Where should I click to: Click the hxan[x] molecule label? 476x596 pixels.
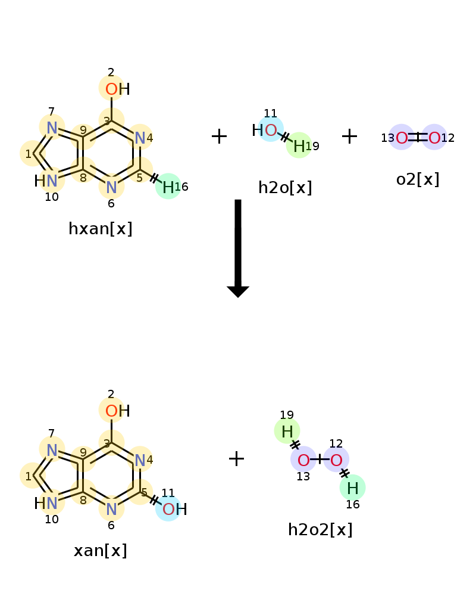tap(100, 228)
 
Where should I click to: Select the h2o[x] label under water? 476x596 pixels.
tap(285, 187)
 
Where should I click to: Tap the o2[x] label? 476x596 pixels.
tap(418, 179)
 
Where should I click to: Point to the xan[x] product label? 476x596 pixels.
tap(100, 550)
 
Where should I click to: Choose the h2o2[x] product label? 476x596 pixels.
tap(320, 529)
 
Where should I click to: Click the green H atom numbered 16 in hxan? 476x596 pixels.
tap(168, 187)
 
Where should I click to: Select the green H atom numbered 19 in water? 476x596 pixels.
tap(299, 145)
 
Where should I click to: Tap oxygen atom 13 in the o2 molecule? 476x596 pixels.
tap(402, 138)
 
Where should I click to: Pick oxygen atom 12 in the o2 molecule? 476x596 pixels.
tap(434, 138)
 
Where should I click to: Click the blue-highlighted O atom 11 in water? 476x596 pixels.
tap(271, 130)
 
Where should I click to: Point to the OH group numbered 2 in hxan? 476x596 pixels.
tap(112, 89)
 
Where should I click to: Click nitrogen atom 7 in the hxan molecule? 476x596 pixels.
tap(52, 127)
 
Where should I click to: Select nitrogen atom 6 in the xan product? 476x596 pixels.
tap(111, 509)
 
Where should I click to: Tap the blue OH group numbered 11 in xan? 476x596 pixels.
tap(170, 509)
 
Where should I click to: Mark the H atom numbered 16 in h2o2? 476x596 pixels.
tap(352, 488)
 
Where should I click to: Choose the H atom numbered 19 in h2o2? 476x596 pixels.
tap(287, 431)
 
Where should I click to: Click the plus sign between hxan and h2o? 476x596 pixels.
tap(219, 136)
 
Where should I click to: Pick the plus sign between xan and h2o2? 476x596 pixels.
tap(236, 458)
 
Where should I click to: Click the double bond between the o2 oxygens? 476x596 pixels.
tap(418, 138)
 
